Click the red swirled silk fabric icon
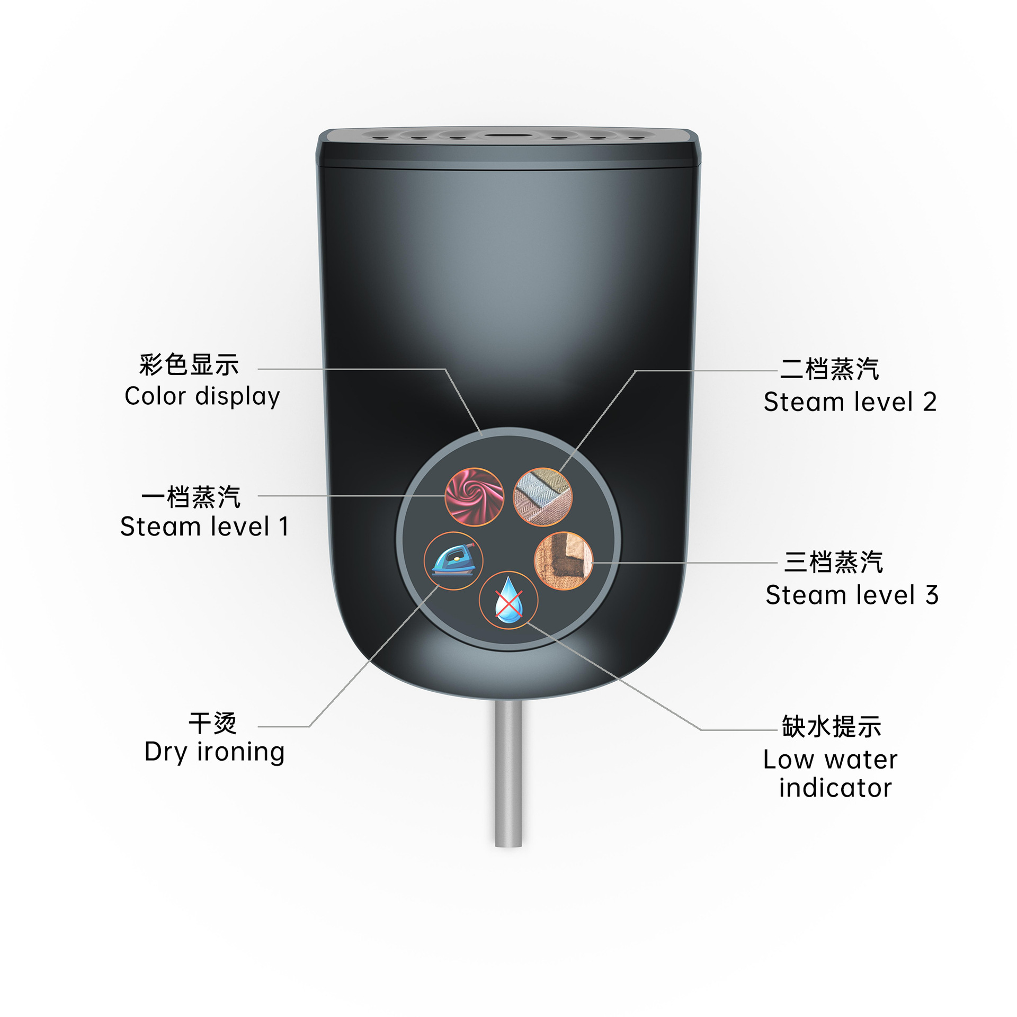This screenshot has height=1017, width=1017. pos(474,497)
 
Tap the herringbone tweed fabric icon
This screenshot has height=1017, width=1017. pos(543,497)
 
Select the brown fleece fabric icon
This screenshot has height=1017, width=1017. pos(564,561)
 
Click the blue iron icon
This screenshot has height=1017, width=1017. pos(453,561)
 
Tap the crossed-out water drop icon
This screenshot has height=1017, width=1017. pos(508,600)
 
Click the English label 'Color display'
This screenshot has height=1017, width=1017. pos(202,397)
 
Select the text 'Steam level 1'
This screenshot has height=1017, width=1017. pos(204,527)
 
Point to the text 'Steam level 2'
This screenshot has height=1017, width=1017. pos(850,402)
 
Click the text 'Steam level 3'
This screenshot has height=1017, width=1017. pos(852,595)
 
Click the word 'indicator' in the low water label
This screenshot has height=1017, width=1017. pos(835,788)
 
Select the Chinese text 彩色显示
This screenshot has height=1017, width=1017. pos(189,365)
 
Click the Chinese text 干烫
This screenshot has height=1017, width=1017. pos(213,723)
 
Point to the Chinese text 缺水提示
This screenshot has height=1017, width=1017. pos(832,726)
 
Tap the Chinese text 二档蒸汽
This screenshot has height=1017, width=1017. pos(829,369)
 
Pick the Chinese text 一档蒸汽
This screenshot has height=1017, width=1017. pos(191,497)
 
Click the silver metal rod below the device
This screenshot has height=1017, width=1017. pos(508,774)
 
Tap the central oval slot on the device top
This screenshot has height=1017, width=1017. pos(508,136)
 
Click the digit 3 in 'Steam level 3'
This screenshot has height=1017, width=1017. pos(932,595)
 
